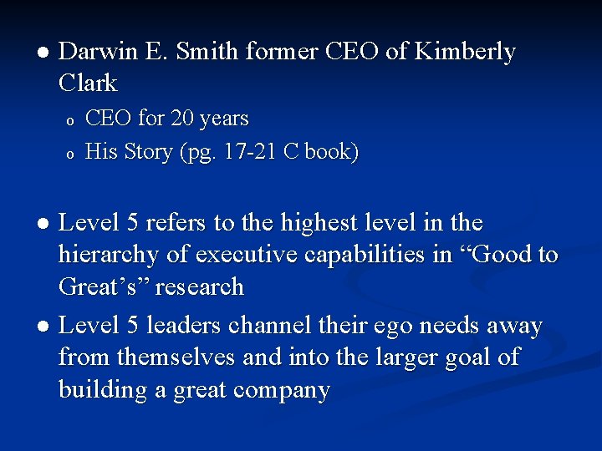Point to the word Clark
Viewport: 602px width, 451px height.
pos(89,83)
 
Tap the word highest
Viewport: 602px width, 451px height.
pos(324,223)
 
